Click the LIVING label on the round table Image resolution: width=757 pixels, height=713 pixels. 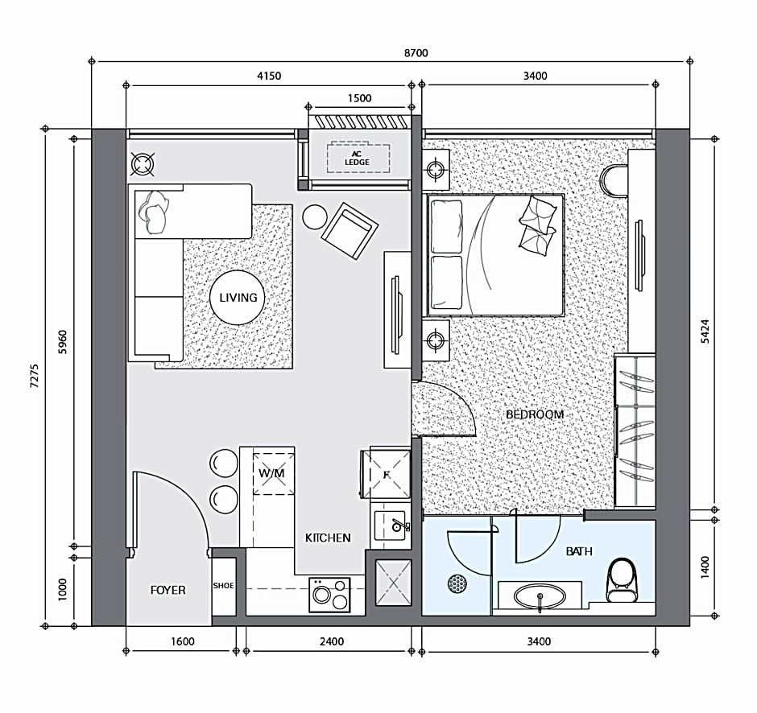[238, 298]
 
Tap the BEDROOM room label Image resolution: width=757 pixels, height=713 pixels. [535, 414]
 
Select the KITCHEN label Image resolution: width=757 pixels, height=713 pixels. [328, 538]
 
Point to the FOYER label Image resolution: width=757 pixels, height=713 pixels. [168, 590]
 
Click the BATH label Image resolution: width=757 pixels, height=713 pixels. [579, 551]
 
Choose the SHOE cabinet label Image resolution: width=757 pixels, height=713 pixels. [224, 586]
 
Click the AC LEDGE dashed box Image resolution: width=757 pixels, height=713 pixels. [358, 157]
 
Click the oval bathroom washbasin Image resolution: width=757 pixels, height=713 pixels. [540, 597]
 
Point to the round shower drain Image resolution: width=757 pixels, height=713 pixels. [457, 583]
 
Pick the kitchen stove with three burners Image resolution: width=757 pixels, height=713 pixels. [329, 595]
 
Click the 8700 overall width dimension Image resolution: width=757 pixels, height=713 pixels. [416, 52]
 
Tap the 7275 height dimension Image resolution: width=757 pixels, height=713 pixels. [35, 376]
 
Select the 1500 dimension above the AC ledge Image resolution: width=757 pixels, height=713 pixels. [360, 98]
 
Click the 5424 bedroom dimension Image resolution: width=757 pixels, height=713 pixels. [705, 331]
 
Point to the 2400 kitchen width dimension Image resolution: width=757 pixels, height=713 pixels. [332, 641]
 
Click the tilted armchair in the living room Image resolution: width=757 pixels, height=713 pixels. [350, 231]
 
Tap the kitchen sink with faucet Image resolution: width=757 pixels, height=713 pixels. [391, 525]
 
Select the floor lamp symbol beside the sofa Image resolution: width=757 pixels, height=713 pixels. [143, 164]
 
